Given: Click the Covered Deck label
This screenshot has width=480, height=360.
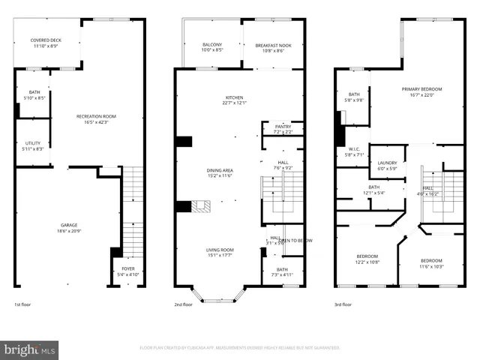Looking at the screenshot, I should [x=46, y=43].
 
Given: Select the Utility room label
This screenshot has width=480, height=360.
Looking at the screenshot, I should [x=32, y=145].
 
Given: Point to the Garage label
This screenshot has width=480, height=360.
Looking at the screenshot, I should [x=69, y=227].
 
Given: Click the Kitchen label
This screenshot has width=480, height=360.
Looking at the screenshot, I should [x=235, y=100].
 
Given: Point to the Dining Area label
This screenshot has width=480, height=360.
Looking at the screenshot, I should [x=220, y=172].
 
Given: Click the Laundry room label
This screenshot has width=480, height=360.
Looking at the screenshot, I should [x=387, y=165].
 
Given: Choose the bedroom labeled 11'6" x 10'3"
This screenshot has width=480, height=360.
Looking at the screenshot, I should [x=431, y=263].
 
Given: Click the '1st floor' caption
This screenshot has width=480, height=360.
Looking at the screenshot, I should [x=23, y=304].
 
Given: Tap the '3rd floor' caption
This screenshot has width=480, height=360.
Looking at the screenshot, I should [x=343, y=304].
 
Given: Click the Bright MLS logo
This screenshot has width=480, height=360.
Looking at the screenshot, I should [x=30, y=349].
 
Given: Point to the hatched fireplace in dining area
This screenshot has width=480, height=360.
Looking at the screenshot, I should [x=202, y=207].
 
